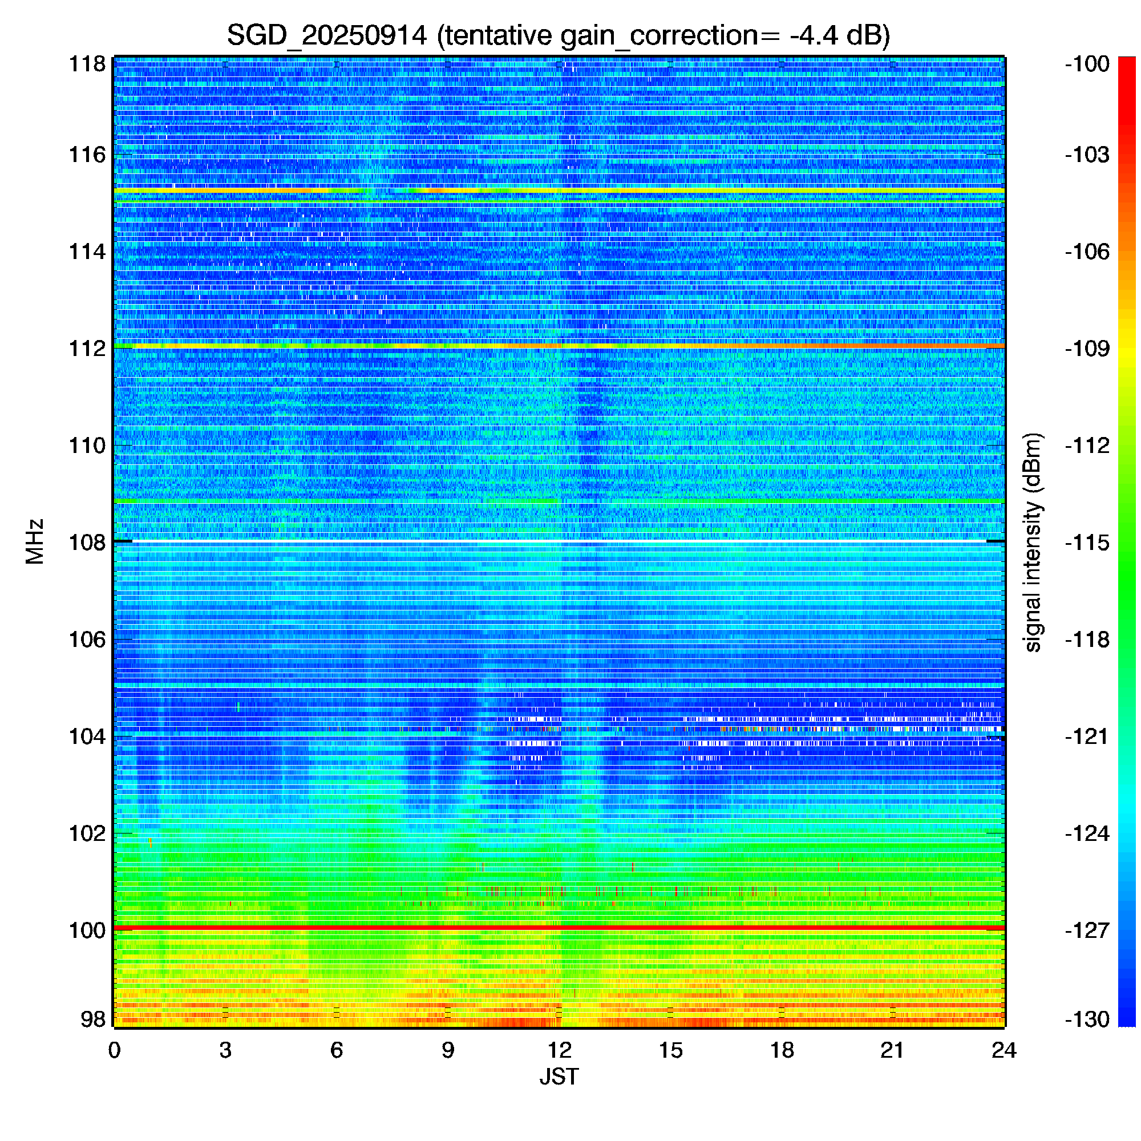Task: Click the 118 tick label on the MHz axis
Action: [x=87, y=64]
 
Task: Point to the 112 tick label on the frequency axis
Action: [x=87, y=349]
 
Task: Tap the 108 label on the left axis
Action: [x=87, y=542]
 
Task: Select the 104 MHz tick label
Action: [x=87, y=737]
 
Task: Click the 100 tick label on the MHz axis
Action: [x=87, y=930]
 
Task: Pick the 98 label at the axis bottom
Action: [x=94, y=1019]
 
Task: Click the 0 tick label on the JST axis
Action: [x=114, y=1050]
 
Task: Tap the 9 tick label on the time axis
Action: [x=448, y=1050]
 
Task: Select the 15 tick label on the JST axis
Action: [x=670, y=1050]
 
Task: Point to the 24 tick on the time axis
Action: [x=1004, y=1050]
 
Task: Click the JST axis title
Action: [x=559, y=1077]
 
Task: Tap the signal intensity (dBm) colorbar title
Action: [x=1033, y=542]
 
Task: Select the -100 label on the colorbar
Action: [x=1087, y=64]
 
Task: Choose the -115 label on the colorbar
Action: [x=1087, y=542]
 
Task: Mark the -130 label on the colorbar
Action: [x=1087, y=1019]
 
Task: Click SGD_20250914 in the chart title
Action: [x=326, y=35]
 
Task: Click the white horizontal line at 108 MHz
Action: [x=559, y=541]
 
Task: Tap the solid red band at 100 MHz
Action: [x=559, y=928]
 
